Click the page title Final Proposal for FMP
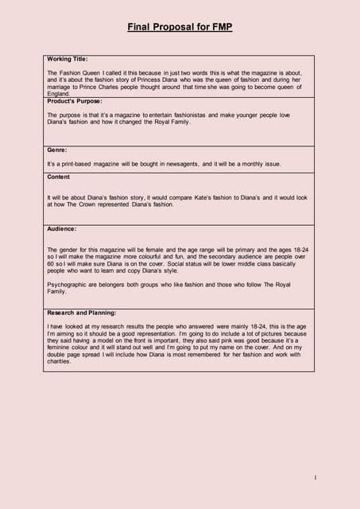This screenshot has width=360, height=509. [180, 27]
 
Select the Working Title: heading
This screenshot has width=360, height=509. [68, 59]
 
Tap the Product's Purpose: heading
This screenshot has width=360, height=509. [75, 101]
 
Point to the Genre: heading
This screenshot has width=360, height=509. [57, 149]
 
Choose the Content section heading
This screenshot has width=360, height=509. [59, 177]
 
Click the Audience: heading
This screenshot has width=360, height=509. [62, 228]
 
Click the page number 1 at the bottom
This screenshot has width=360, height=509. [315, 477]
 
